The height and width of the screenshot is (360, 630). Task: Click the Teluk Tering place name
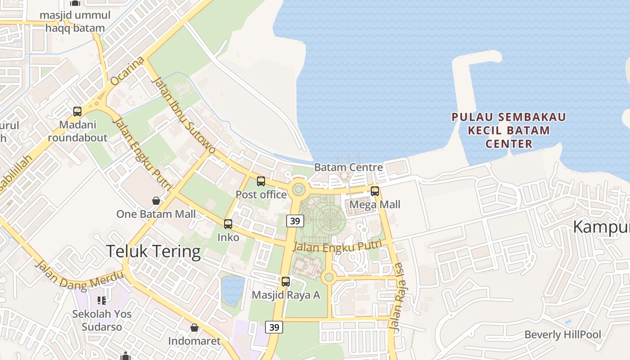tap(153, 251)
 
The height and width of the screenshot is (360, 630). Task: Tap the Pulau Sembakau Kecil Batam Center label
tap(509, 130)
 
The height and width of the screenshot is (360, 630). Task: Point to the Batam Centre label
tap(348, 167)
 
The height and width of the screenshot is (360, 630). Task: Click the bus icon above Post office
tap(261, 181)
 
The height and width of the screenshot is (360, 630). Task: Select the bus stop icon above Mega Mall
tap(375, 191)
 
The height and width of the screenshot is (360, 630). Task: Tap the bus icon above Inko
tap(228, 224)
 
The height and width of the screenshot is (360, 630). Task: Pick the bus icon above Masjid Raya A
tap(286, 282)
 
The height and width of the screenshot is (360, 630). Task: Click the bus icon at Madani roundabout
tap(77, 111)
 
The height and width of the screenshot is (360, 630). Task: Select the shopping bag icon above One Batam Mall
tap(156, 200)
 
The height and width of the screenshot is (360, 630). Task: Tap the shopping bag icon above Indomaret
tap(194, 328)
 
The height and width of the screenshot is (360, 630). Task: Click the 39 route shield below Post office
tap(295, 220)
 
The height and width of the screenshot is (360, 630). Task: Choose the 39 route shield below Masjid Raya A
tap(274, 327)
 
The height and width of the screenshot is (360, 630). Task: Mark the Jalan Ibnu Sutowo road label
tap(184, 115)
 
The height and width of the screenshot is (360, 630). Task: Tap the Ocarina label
tap(127, 71)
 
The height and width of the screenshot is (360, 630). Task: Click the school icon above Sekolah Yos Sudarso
tap(101, 300)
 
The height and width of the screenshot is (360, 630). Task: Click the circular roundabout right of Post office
tap(299, 189)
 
